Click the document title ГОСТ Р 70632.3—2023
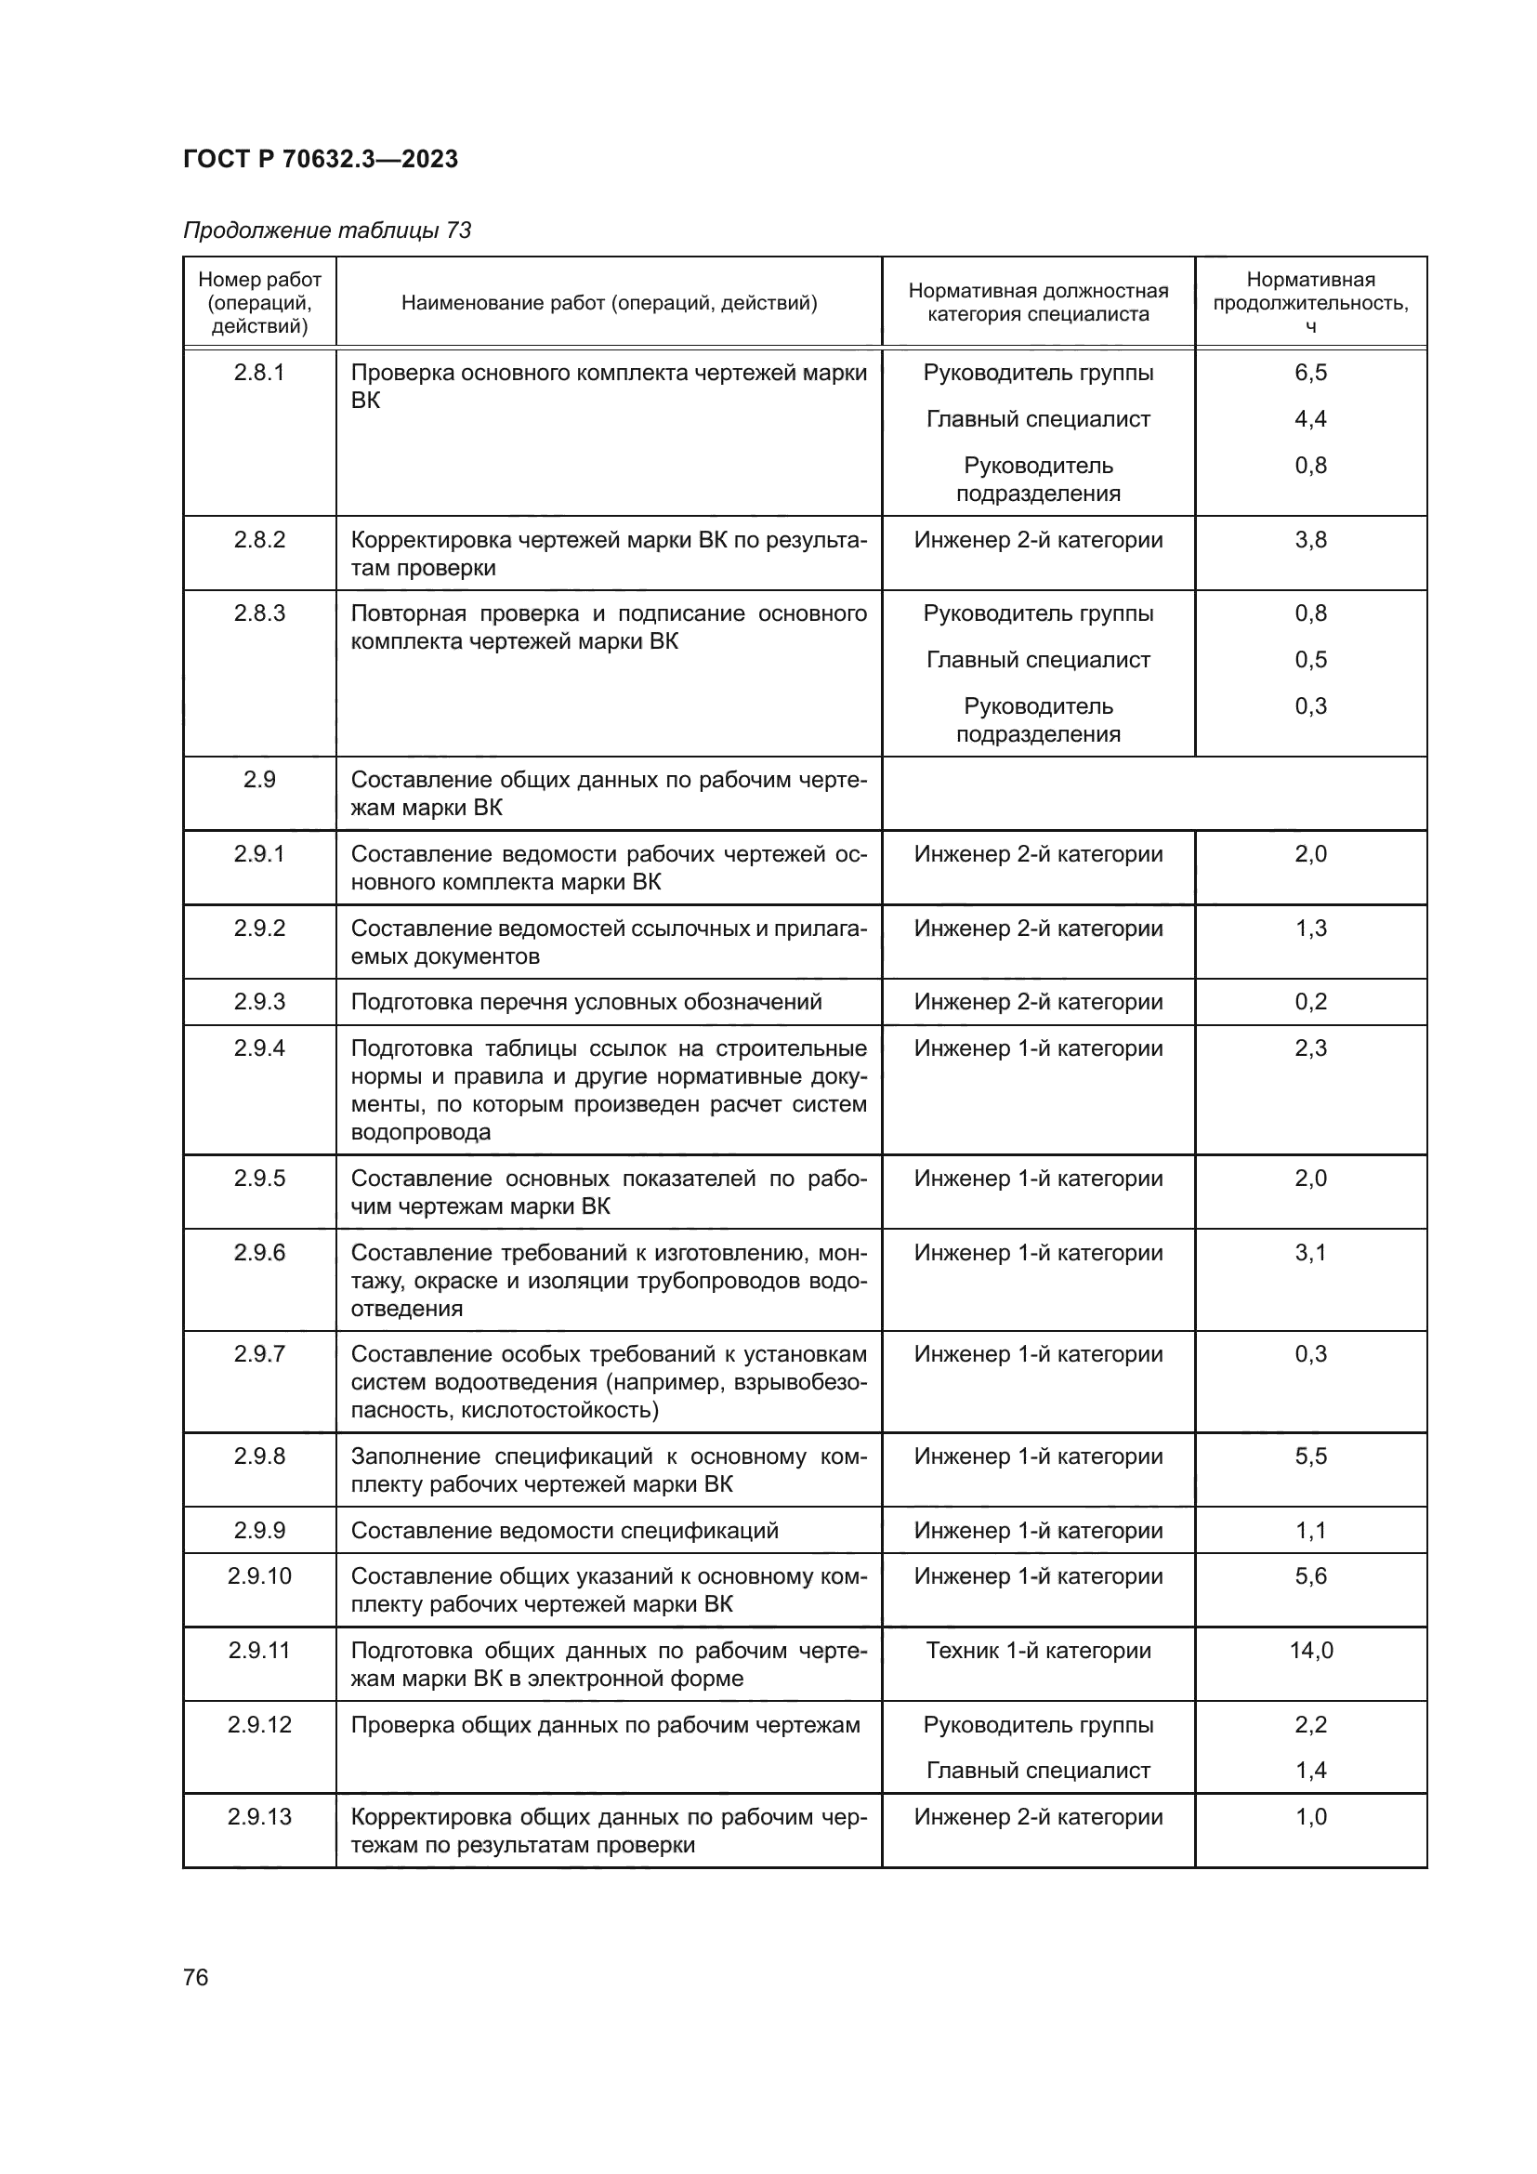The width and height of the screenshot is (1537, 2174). (x=320, y=159)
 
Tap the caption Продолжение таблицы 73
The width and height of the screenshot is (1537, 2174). (x=326, y=231)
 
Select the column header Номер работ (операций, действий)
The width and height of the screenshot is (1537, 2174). (x=259, y=303)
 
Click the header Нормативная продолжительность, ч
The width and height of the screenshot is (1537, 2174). (x=1310, y=303)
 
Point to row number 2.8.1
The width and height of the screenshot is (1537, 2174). (x=259, y=373)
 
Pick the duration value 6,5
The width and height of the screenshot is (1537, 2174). (x=1311, y=373)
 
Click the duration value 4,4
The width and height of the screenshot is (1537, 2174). (x=1311, y=419)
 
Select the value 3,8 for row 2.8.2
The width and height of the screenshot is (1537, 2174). (x=1311, y=541)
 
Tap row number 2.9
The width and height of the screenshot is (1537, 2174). (x=259, y=780)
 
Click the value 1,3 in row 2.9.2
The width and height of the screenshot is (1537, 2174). (x=1311, y=929)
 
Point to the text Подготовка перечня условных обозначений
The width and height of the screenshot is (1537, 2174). (x=585, y=1003)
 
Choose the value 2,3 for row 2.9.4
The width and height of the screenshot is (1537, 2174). (x=1311, y=1049)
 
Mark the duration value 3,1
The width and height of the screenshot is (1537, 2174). (x=1311, y=1254)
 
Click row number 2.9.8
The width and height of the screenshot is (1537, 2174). (x=259, y=1457)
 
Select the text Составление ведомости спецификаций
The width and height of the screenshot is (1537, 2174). (x=564, y=1531)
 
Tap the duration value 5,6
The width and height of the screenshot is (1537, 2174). (x=1311, y=1576)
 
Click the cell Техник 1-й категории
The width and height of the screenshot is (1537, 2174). (x=1038, y=1652)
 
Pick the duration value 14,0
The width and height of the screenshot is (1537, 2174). (x=1311, y=1652)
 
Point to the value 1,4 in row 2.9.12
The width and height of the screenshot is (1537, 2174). (x=1311, y=1772)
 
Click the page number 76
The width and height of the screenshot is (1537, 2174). (x=196, y=1978)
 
